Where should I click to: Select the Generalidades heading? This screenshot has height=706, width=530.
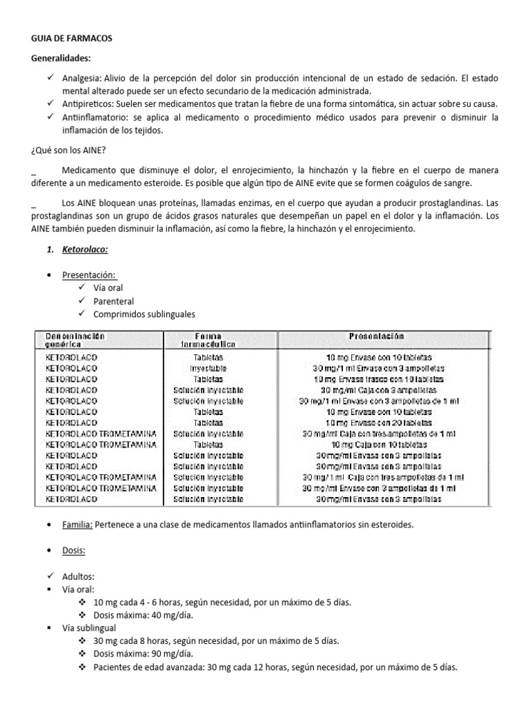click(61, 59)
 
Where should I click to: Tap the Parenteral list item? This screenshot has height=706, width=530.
click(113, 301)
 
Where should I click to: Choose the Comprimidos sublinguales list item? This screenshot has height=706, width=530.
click(144, 314)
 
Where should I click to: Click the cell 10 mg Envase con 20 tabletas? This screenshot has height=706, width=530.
click(380, 423)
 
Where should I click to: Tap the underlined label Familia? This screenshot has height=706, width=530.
click(77, 525)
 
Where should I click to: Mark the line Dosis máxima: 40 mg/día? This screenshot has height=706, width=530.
click(135, 615)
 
